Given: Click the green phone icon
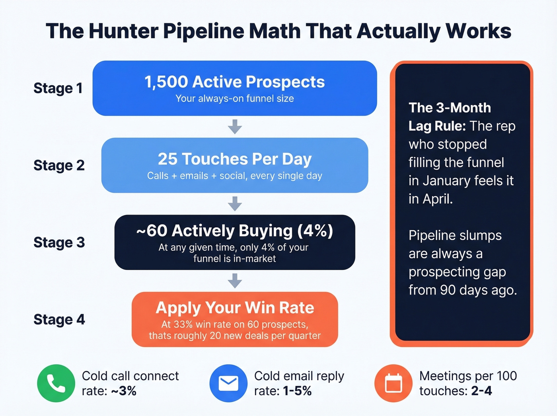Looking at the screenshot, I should coord(56,383).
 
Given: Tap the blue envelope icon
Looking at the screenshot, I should coord(228,383).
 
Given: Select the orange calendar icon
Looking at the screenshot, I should coord(393,383).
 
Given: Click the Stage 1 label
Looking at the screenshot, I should coord(58,88).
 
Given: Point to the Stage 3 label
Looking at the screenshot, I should coord(59,242).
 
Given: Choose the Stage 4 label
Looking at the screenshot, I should coord(59,319).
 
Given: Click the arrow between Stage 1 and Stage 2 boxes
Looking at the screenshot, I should coord(235,127).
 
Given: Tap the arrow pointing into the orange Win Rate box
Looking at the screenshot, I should coord(235,281).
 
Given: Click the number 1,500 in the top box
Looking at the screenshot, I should coord(166,82).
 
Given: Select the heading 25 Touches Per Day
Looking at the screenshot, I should coord(235,159).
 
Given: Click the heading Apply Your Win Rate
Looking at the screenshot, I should coord(235,308).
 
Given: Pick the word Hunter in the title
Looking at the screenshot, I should coord(123,31).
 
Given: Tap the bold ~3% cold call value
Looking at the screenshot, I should coord(123,391).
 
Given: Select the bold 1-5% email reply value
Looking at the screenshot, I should coord(297,391).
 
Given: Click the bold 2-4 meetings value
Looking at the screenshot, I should coord(481,391).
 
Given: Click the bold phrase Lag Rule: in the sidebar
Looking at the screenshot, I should coord(437,126).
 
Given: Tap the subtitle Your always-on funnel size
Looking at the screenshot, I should coord(235,99).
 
